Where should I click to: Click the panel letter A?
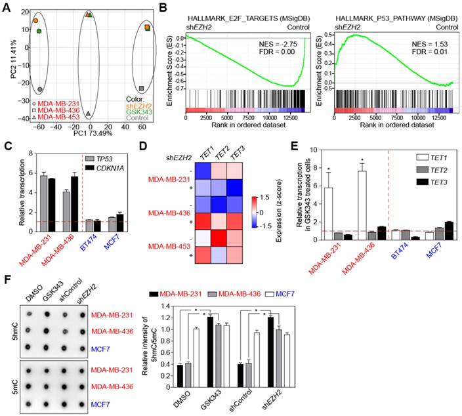[6, 7]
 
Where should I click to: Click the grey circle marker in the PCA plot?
[40, 89]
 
